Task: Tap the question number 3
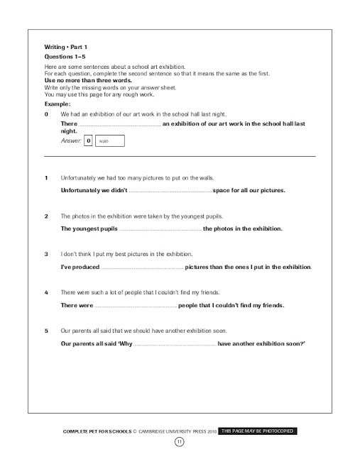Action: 46,253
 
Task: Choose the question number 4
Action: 46,292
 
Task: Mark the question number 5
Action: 46,331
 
